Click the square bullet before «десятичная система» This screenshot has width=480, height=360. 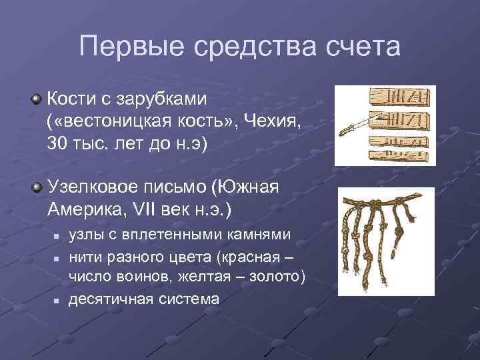[57, 300]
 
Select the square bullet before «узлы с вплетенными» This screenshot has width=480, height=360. [57, 236]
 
